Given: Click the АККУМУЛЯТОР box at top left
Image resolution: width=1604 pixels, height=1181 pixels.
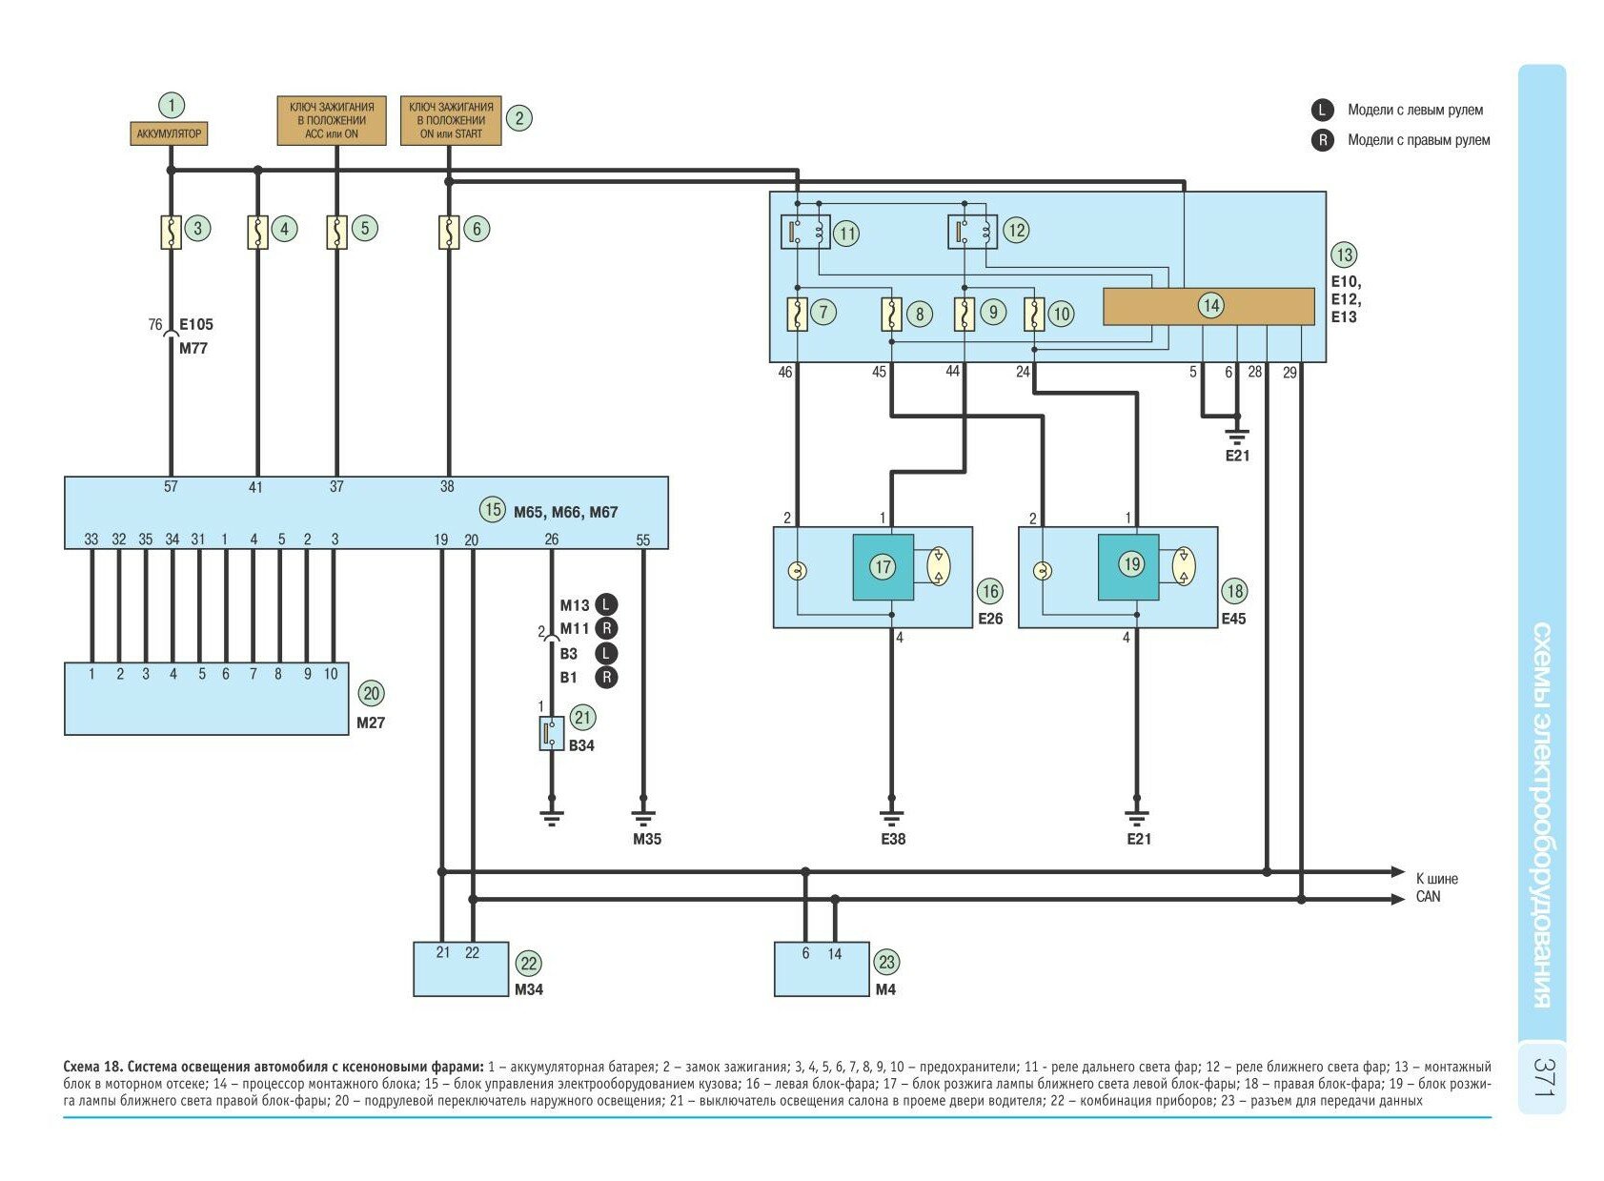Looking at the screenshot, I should click(x=169, y=133).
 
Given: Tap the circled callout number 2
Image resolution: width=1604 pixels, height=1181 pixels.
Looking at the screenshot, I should click(x=518, y=118).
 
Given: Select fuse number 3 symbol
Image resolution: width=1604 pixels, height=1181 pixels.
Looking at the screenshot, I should click(x=171, y=232).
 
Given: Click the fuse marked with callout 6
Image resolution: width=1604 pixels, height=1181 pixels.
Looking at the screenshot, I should click(x=449, y=232).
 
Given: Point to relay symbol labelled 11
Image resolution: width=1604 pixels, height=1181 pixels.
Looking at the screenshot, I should click(x=805, y=232).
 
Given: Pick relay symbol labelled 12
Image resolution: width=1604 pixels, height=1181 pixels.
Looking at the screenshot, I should click(x=972, y=232).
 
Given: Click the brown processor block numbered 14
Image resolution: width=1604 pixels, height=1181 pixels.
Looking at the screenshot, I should click(x=1208, y=307).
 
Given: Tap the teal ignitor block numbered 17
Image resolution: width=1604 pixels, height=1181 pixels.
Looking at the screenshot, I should click(x=883, y=567).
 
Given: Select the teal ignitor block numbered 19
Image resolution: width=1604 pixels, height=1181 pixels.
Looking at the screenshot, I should click(x=1128, y=566).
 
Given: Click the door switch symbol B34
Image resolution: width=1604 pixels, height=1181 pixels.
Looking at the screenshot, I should click(x=551, y=733).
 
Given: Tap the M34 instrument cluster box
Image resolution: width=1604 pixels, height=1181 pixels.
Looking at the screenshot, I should click(x=461, y=969).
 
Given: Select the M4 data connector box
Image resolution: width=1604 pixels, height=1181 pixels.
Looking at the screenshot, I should click(x=822, y=969).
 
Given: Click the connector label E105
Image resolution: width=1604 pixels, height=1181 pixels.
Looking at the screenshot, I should click(x=196, y=324).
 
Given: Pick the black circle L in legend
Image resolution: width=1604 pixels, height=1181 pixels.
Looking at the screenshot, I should click(x=1322, y=110).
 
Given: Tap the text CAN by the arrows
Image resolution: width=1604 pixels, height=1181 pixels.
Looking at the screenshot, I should click(x=1428, y=897).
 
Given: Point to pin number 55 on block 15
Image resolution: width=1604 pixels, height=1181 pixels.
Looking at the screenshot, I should click(x=643, y=540).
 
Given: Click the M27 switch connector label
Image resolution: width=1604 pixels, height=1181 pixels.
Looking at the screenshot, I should click(x=371, y=723).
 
